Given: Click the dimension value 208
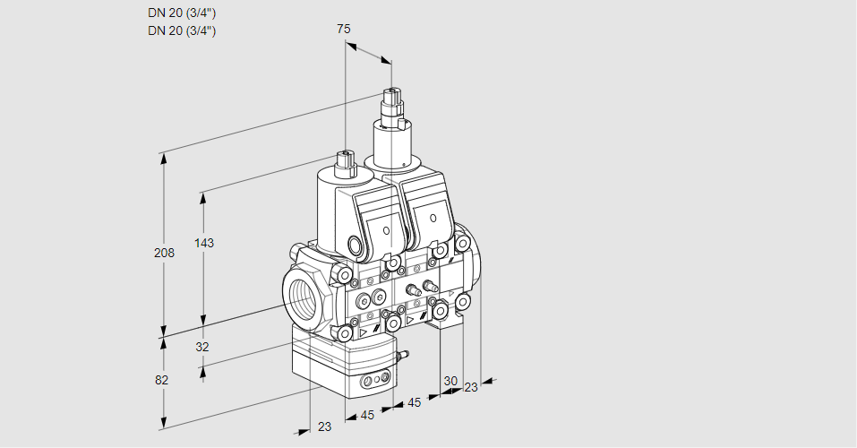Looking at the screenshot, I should click(x=164, y=253).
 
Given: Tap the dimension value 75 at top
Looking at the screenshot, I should click(x=344, y=29).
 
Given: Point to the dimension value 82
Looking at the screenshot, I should click(x=161, y=380).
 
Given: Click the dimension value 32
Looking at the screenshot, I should click(x=201, y=347).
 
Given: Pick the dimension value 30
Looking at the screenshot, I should click(x=450, y=380).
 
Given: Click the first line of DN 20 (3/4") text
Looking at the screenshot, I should click(x=182, y=13).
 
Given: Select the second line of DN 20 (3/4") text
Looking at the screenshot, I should click(x=182, y=30).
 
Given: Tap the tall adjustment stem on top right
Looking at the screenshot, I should click(x=391, y=108).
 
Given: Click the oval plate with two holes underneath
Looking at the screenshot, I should click(x=374, y=383).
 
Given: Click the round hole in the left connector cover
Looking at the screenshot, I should click(x=386, y=231).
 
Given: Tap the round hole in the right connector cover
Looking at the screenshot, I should click(x=433, y=219).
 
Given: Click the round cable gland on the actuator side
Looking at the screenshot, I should click(x=356, y=245).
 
